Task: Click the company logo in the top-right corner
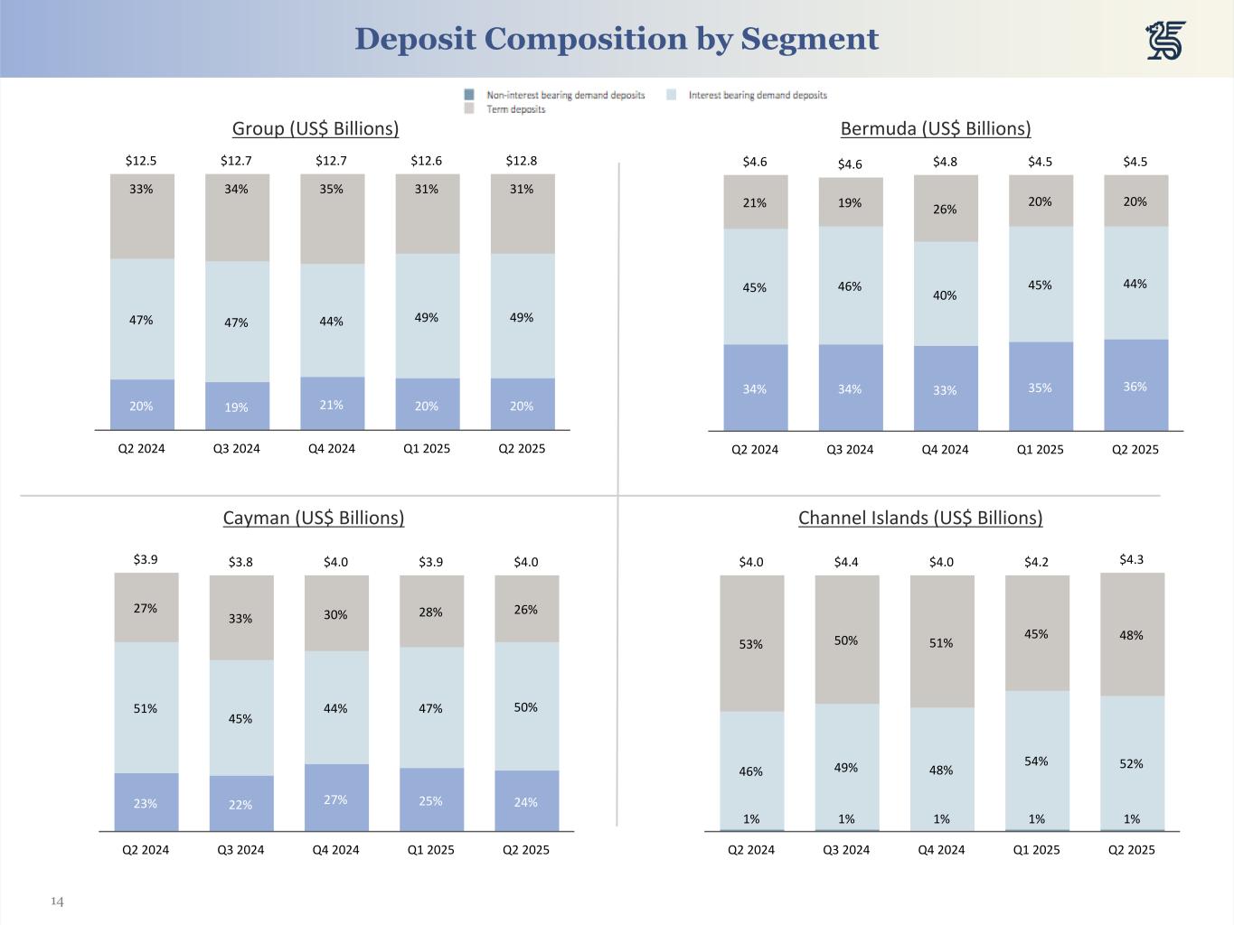pyautogui.click(x=1165, y=41)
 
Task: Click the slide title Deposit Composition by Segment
pyautogui.click(x=617, y=39)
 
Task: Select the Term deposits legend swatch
pyautogui.click(x=469, y=108)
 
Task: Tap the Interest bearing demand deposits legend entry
pyautogui.click(x=757, y=95)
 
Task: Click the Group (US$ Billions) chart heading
pyautogui.click(x=316, y=128)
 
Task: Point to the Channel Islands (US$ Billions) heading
pyautogui.click(x=920, y=518)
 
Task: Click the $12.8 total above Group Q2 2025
pyautogui.click(x=522, y=161)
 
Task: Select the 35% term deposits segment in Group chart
pyautogui.click(x=332, y=218)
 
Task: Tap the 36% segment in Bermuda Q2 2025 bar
pyautogui.click(x=1135, y=386)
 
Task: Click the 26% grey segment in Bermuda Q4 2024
pyautogui.click(x=945, y=209)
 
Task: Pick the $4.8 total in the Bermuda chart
pyautogui.click(x=945, y=162)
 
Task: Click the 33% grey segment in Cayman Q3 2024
pyautogui.click(x=240, y=618)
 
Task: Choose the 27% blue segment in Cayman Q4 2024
pyautogui.click(x=335, y=799)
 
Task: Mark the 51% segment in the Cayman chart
pyautogui.click(x=146, y=708)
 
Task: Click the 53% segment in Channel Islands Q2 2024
pyautogui.click(x=751, y=644)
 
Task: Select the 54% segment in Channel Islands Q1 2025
pyautogui.click(x=1036, y=761)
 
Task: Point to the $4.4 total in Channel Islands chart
pyautogui.click(x=846, y=562)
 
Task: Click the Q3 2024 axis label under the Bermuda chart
pyautogui.click(x=850, y=449)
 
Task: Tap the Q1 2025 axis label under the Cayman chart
pyautogui.click(x=430, y=849)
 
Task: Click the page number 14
pyautogui.click(x=57, y=902)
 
